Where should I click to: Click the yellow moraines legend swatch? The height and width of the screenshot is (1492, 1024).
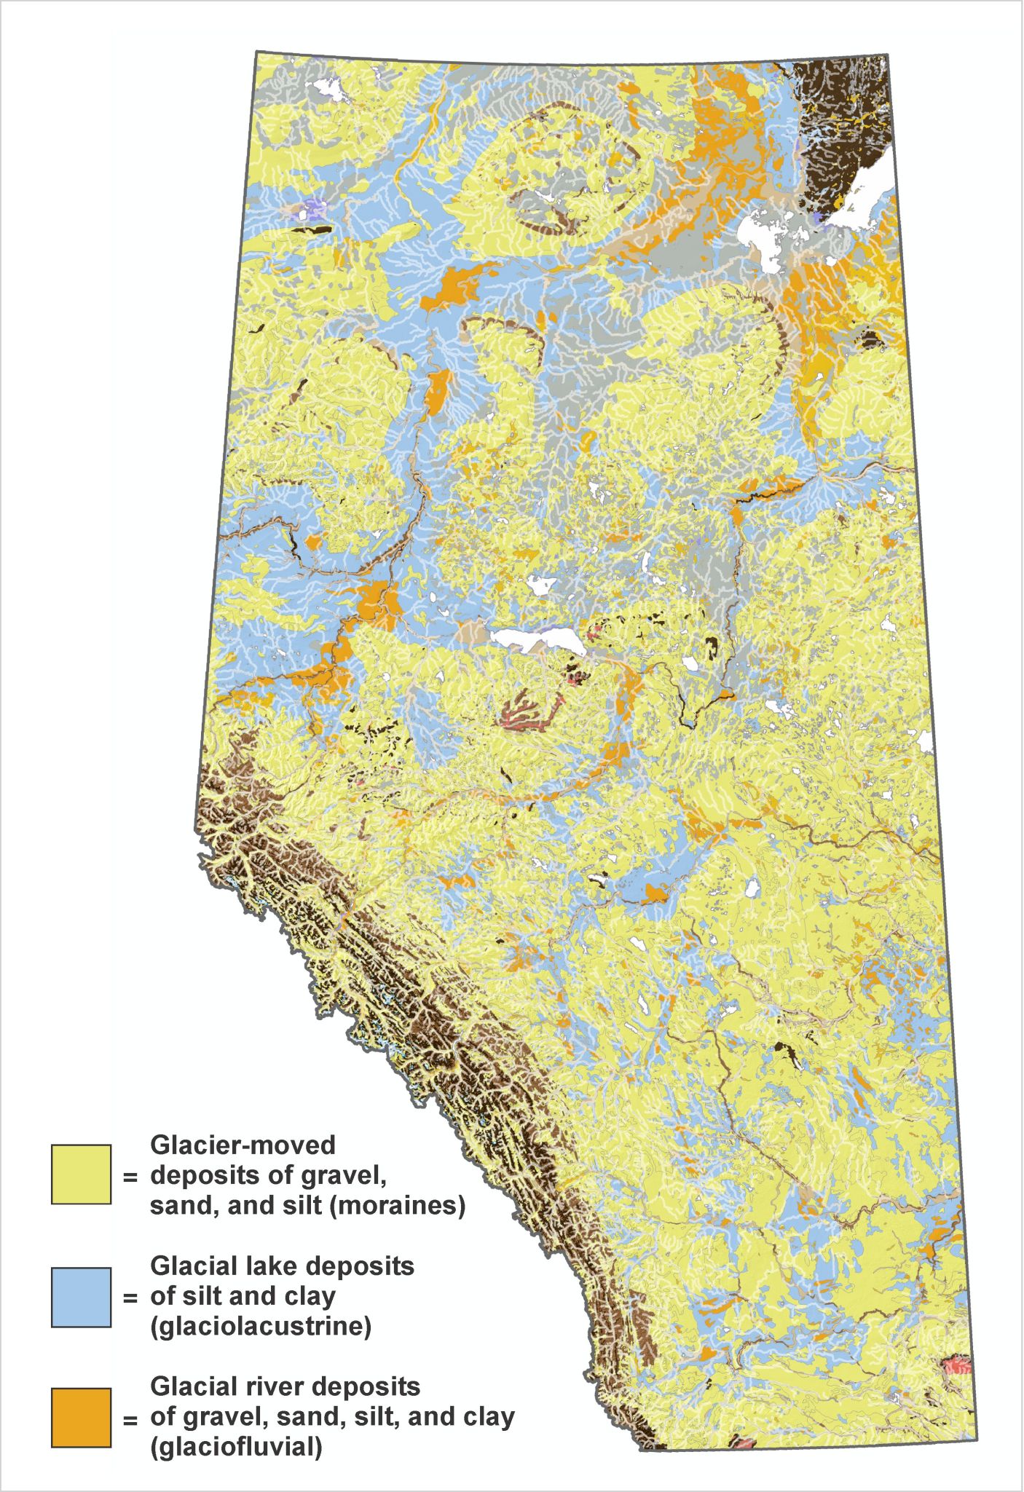pos(81,1174)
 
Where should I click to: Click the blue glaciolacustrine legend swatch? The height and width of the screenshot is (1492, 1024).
pos(81,1297)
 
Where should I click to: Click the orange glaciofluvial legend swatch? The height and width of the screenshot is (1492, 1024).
pos(81,1417)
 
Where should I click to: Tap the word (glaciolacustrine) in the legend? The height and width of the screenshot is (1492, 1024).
pos(261,1326)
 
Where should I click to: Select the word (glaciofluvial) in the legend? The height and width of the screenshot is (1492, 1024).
pos(236,1447)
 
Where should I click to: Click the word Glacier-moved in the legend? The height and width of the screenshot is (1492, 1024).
pos(243,1145)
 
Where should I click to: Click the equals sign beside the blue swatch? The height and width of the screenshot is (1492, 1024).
pos(130,1298)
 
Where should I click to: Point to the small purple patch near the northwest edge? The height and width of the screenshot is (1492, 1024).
pos(315,210)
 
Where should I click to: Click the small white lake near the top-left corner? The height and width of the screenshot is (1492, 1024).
pos(329,91)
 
